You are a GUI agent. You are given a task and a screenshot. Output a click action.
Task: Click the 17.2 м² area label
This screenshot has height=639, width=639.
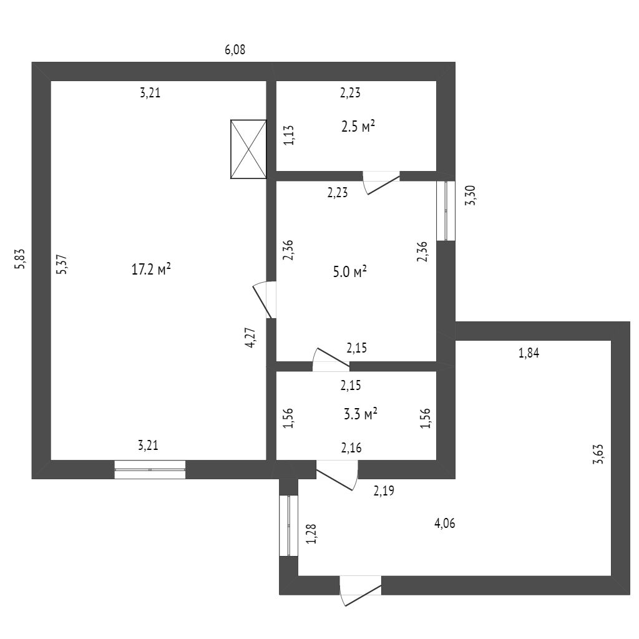click(151, 270)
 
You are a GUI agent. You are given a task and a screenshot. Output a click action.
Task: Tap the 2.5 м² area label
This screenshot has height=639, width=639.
click(358, 127)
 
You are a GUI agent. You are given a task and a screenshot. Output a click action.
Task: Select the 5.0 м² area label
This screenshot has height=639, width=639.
click(349, 272)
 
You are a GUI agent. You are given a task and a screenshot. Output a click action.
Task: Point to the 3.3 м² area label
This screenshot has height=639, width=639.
click(361, 413)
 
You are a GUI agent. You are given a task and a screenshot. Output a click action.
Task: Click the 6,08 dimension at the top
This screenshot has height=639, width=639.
click(235, 50)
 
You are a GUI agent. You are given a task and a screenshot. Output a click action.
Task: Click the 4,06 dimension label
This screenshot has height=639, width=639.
click(444, 524)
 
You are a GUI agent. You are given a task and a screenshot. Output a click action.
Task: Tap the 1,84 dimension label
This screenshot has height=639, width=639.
click(529, 353)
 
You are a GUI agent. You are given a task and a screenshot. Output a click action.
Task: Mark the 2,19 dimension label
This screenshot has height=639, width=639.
click(384, 490)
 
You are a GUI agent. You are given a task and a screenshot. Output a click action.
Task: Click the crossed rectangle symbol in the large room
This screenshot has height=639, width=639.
click(248, 149)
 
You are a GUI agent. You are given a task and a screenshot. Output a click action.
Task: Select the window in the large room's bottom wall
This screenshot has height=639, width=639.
click(150, 469)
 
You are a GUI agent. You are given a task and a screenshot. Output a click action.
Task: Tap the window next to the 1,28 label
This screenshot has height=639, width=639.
click(288, 525)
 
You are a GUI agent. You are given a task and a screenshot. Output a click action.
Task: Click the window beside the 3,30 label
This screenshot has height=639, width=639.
click(446, 210)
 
